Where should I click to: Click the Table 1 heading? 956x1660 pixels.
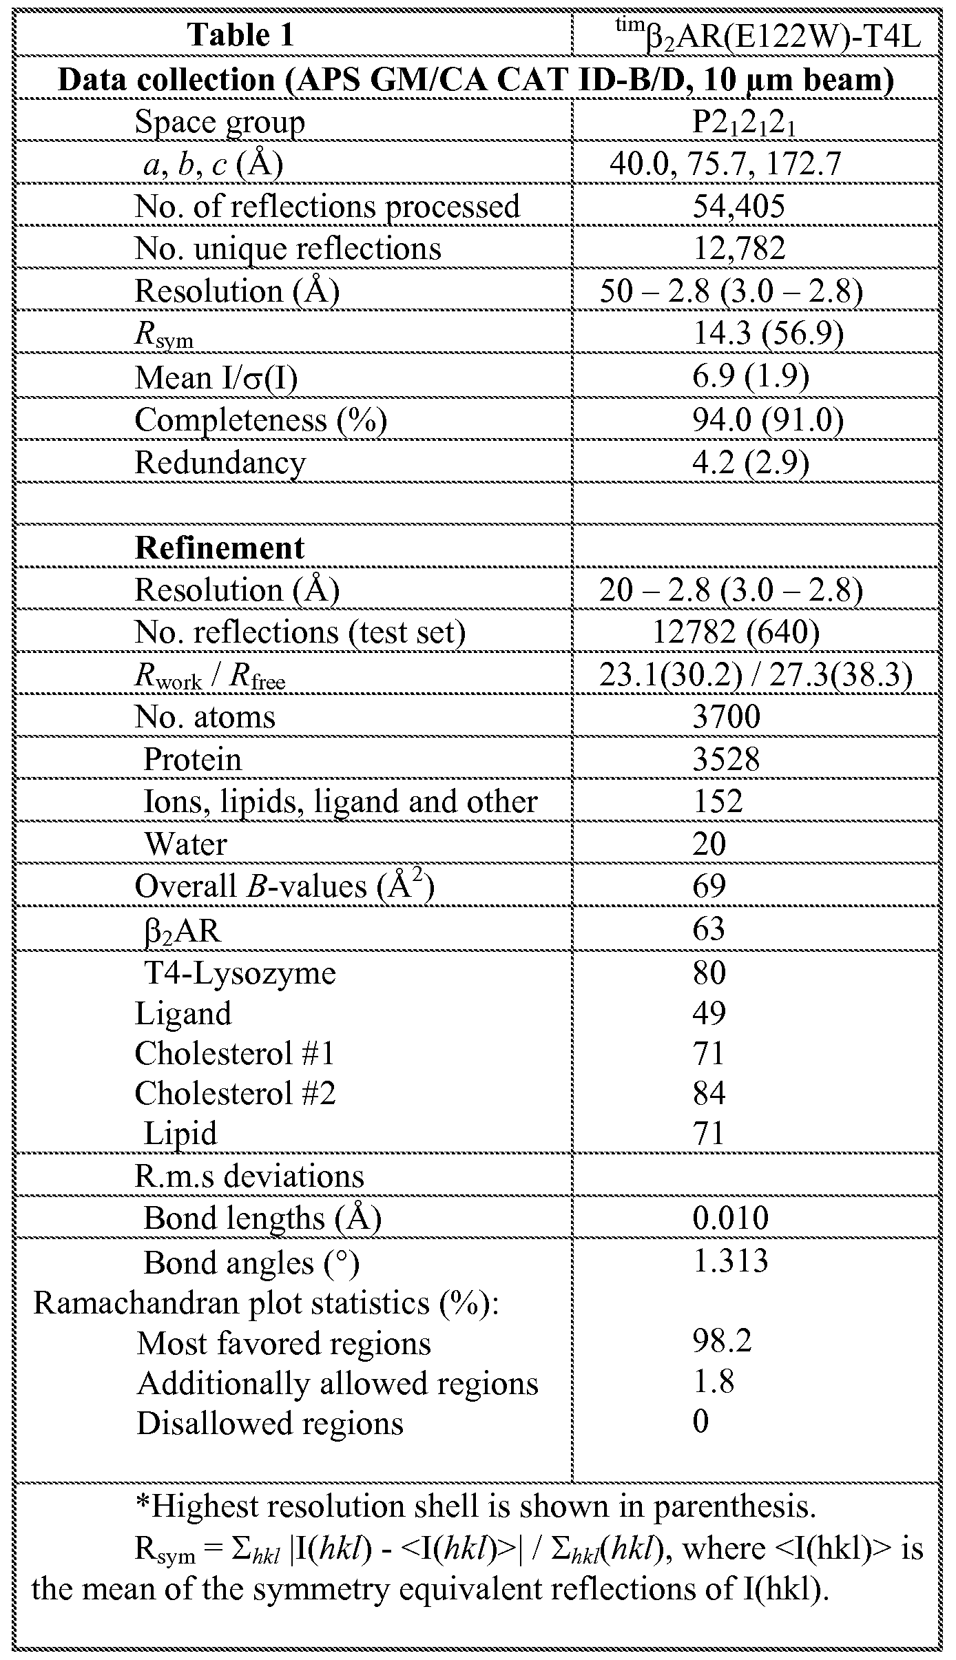[240, 35]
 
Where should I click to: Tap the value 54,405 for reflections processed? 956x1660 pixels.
[738, 207]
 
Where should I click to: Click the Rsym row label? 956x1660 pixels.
[164, 335]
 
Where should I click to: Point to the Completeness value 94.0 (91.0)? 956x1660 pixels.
[767, 420]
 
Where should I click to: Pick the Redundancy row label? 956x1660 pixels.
[220, 463]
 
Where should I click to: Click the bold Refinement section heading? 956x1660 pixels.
[219, 548]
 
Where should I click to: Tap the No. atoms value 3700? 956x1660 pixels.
[726, 717]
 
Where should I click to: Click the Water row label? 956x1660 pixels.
[185, 844]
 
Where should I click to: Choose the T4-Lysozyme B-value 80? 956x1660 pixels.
[709, 973]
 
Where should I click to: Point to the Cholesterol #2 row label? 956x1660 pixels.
[235, 1093]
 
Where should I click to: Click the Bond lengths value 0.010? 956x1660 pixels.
[730, 1218]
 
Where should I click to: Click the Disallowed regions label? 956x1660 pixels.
[269, 1423]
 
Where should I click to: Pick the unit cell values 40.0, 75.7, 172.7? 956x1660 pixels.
[725, 165]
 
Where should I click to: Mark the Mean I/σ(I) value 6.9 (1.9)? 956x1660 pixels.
[750, 377]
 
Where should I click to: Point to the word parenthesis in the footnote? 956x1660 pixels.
[732, 1506]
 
